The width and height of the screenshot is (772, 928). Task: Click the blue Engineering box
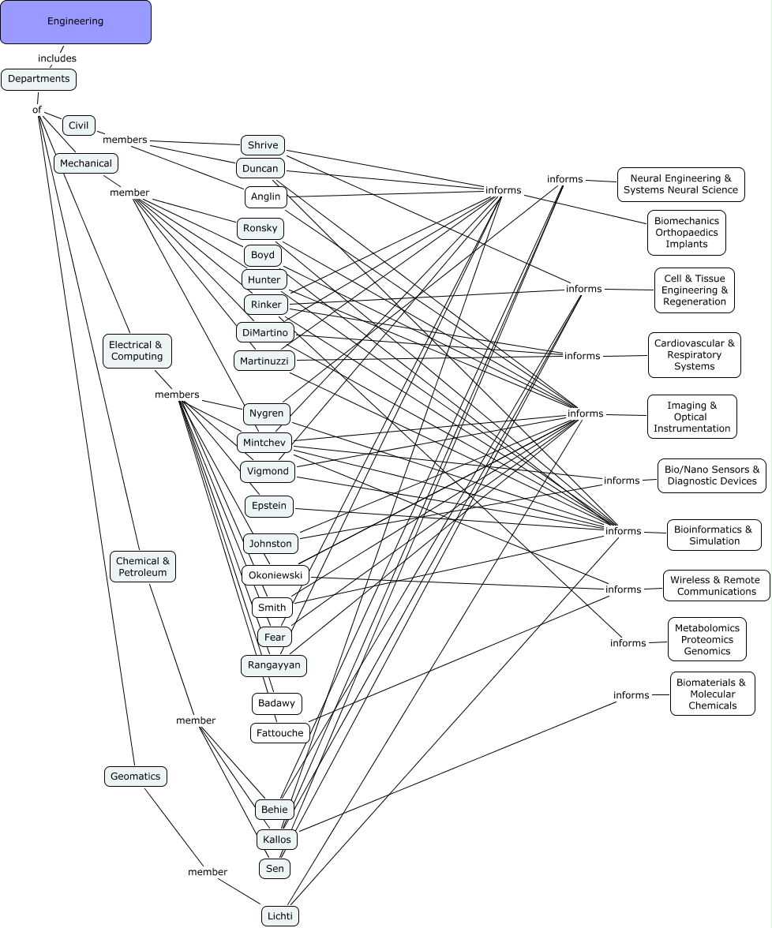(x=75, y=21)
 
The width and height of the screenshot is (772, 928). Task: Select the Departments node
(x=39, y=79)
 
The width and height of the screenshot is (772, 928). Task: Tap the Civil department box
(x=79, y=125)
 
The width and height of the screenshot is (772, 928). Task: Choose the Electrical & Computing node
(x=137, y=350)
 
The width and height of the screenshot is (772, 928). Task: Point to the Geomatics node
(x=136, y=776)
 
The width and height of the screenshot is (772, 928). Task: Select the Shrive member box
(x=263, y=145)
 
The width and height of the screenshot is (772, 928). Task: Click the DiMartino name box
(x=265, y=332)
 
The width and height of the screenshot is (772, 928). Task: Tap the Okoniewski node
(x=275, y=575)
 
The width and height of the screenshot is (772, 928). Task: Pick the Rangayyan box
(x=274, y=665)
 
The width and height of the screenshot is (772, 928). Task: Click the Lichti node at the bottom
(x=280, y=915)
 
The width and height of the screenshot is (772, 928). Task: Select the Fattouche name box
(x=280, y=733)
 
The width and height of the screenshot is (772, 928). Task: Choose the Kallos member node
(x=277, y=840)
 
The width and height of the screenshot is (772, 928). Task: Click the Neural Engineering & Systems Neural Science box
(x=680, y=184)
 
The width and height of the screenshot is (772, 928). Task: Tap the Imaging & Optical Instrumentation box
(x=691, y=417)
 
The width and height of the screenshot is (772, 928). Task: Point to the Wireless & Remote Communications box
(x=716, y=586)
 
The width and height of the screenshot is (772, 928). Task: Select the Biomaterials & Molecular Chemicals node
(x=712, y=694)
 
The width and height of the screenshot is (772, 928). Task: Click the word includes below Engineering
(x=58, y=58)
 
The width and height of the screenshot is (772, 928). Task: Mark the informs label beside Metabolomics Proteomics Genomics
(x=628, y=643)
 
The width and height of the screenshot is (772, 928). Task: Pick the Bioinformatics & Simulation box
(x=714, y=535)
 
